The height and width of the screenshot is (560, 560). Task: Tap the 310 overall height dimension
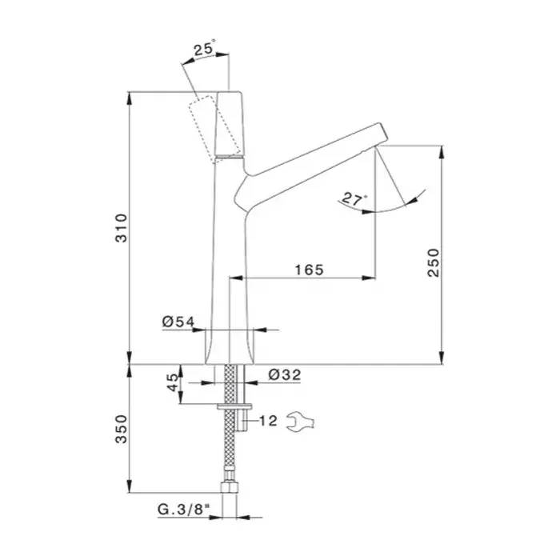click(122, 228)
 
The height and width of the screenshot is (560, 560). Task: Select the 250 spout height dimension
click(434, 262)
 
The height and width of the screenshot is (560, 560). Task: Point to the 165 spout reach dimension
click(310, 270)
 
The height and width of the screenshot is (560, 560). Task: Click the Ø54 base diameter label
click(178, 322)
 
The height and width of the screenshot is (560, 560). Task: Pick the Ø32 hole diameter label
click(285, 374)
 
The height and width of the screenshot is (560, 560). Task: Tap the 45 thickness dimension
click(173, 382)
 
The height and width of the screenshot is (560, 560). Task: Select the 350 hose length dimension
click(122, 429)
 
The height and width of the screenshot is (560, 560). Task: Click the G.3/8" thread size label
click(183, 510)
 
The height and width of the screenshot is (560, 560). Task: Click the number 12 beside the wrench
click(268, 421)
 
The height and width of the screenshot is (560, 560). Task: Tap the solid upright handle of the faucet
click(230, 124)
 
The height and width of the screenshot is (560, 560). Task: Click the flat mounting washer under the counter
click(234, 406)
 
